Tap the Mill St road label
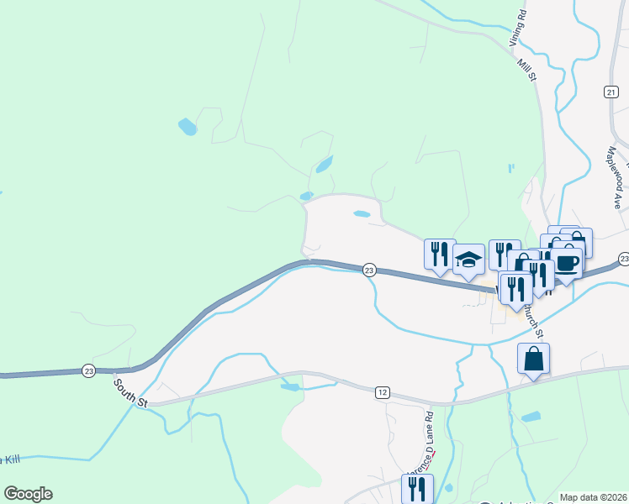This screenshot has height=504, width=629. click(527, 66)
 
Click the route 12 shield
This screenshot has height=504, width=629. click(383, 392)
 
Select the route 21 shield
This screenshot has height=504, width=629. click(611, 91)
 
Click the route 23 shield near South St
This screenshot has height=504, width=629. click(88, 370)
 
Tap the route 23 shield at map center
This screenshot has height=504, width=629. click(369, 270)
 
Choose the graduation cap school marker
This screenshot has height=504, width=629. click(468, 260)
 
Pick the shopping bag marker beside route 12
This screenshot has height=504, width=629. click(533, 360)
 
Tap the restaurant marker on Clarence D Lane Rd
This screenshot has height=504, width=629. click(418, 489)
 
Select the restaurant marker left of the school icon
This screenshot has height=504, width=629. click(440, 255)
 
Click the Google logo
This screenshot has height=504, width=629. click(28, 494)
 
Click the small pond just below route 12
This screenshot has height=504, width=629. click(290, 387)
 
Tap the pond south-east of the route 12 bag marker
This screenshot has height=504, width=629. click(531, 417)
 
